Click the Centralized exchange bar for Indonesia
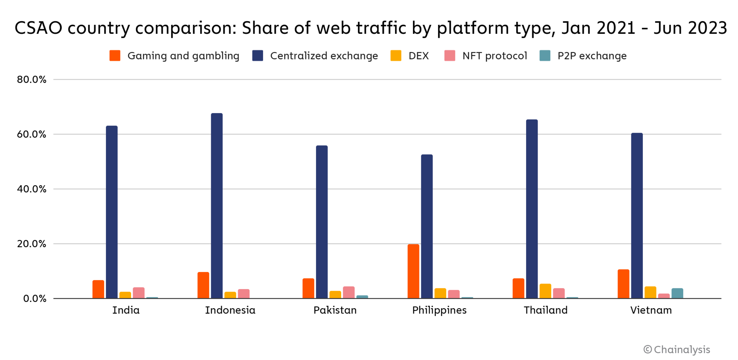tap(217, 206)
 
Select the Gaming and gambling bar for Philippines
tap(413, 271)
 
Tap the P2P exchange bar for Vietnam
tap(677, 293)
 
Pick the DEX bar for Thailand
tap(545, 291)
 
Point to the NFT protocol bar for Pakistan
tap(348, 292)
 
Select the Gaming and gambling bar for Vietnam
tap(623, 284)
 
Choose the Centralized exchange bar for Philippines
tap(427, 226)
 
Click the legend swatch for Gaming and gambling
tap(115, 56)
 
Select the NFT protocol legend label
tap(494, 56)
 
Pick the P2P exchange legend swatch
tap(545, 56)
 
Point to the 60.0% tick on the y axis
tap(32, 134)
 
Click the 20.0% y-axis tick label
tap(32, 244)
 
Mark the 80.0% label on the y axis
tap(32, 80)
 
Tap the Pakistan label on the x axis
tap(335, 310)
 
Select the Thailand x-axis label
tap(546, 310)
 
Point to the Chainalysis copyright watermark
tap(677, 350)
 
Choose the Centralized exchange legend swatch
tap(258, 56)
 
